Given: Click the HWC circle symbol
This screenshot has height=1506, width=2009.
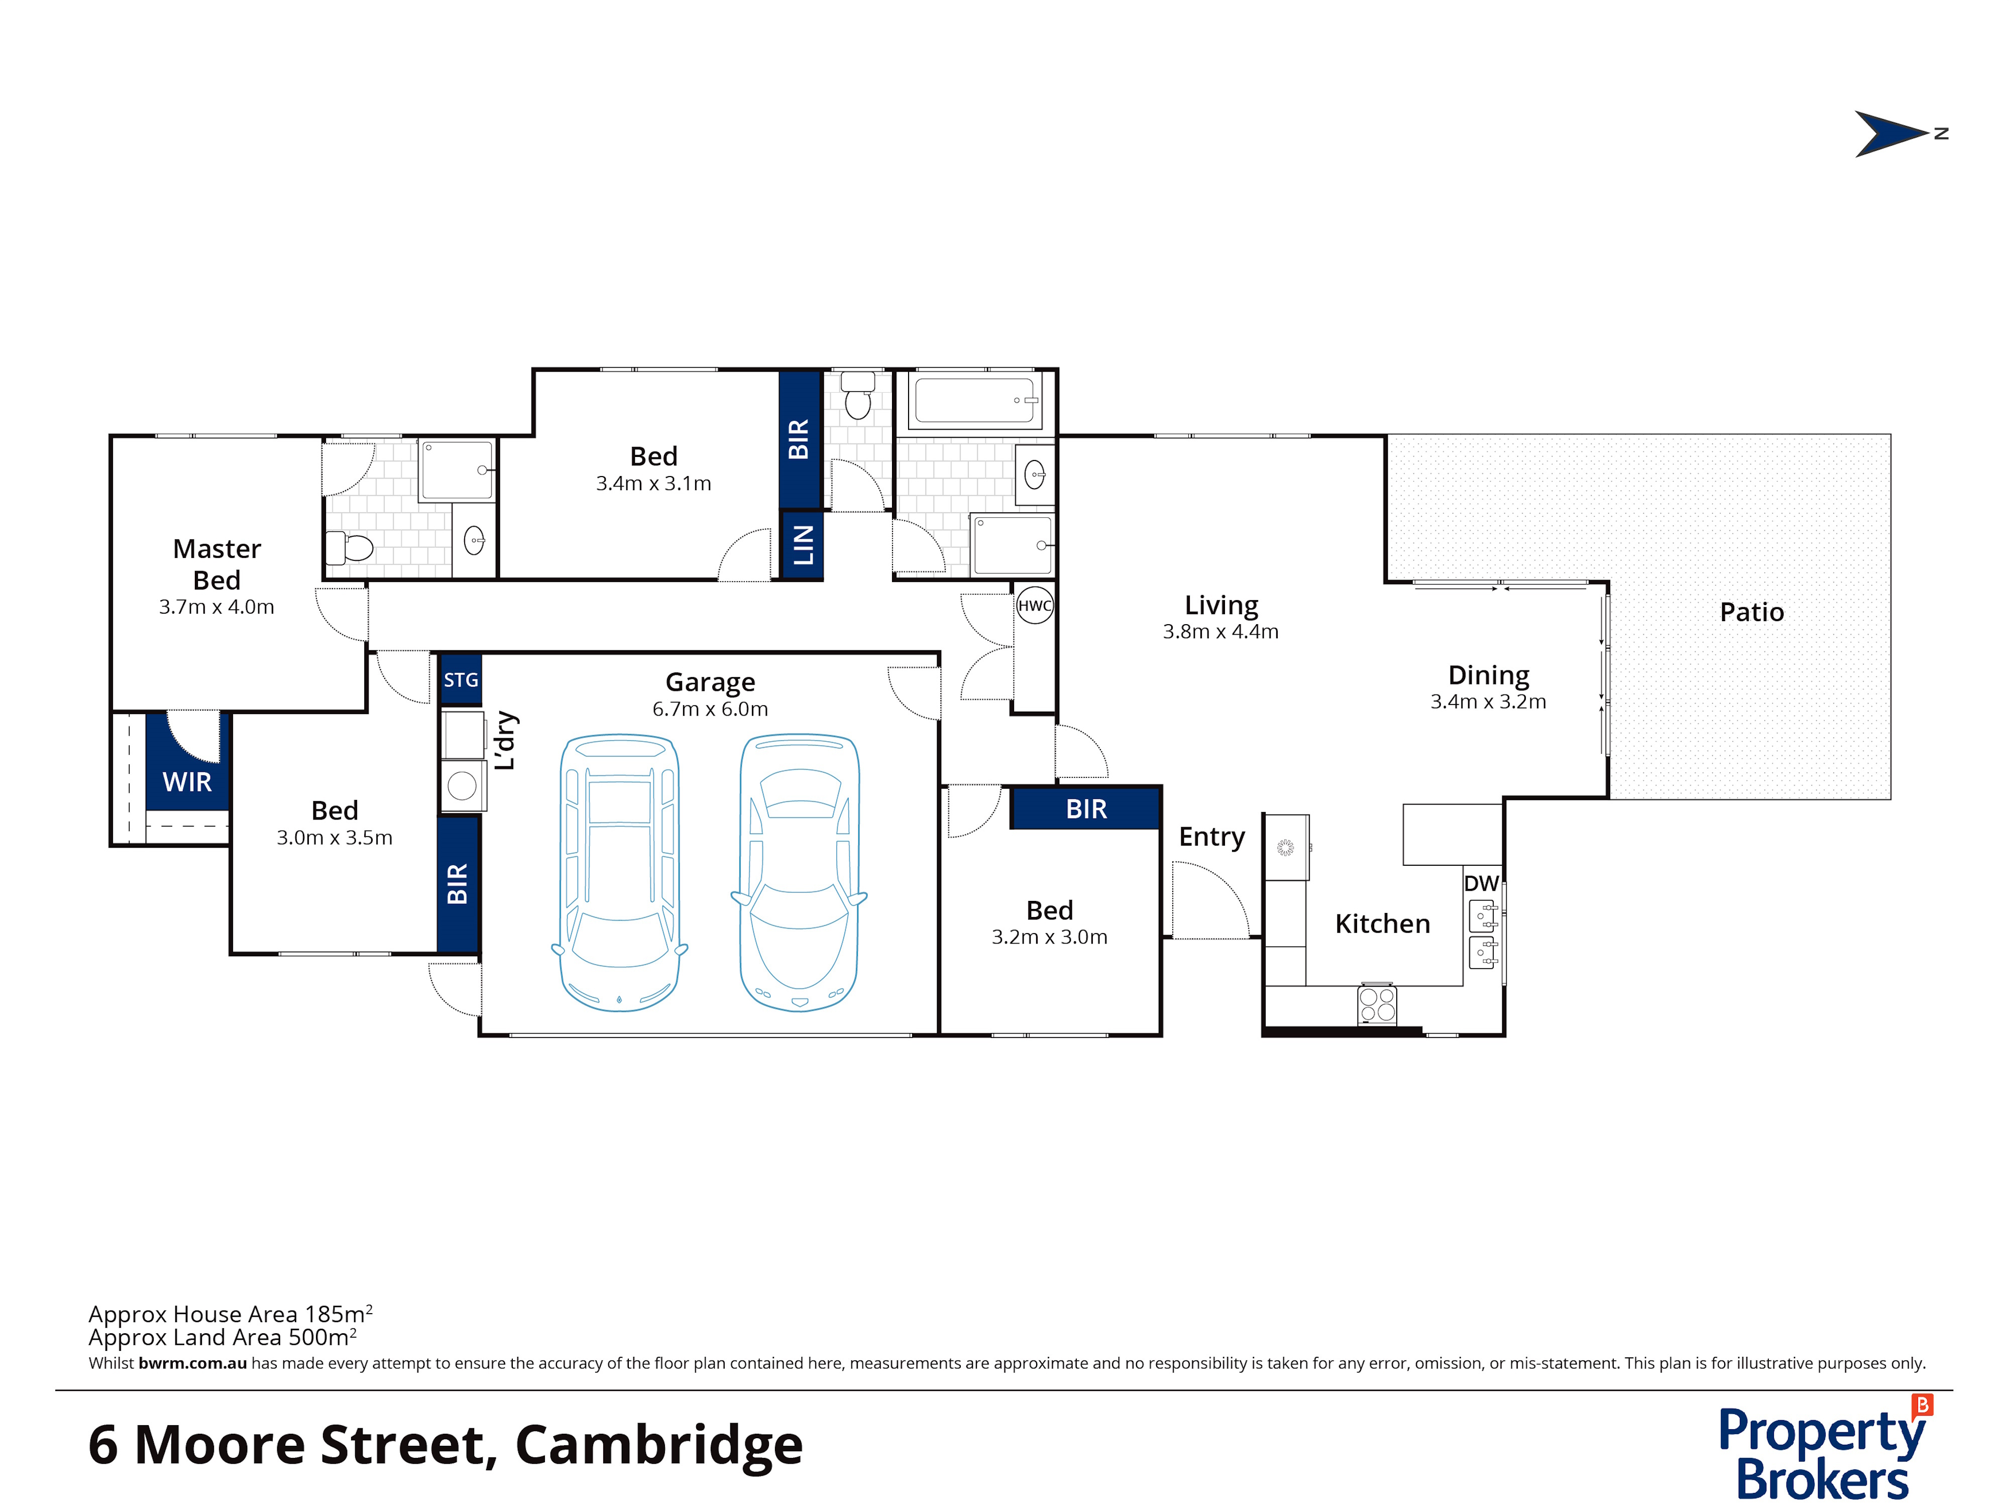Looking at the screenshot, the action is pyautogui.click(x=1035, y=606).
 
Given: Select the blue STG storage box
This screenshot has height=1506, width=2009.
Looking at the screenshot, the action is pyautogui.click(x=461, y=679).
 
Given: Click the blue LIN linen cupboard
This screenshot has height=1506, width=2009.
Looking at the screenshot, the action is pyautogui.click(x=803, y=544).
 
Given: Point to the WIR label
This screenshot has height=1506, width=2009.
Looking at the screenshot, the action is pyautogui.click(x=187, y=781).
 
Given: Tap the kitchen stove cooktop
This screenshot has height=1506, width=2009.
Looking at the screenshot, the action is pyautogui.click(x=1377, y=1005).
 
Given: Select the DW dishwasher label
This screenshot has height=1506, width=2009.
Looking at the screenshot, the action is pyautogui.click(x=1481, y=883).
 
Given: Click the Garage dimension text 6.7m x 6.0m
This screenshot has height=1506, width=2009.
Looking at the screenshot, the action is pyautogui.click(x=710, y=709).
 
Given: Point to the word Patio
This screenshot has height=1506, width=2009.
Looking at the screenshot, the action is pyautogui.click(x=1752, y=612).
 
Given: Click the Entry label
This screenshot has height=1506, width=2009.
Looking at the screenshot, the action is pyautogui.click(x=1211, y=837).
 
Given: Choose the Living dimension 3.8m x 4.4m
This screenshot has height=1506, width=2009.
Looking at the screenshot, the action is pyautogui.click(x=1220, y=631).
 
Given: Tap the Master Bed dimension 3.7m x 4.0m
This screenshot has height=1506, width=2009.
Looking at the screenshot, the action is pyautogui.click(x=216, y=607).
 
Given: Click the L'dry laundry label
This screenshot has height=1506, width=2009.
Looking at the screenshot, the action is pyautogui.click(x=505, y=740).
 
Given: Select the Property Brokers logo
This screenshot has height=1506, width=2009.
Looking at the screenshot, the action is pyautogui.click(x=1826, y=1447).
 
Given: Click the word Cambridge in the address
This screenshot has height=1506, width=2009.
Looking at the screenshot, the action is pyautogui.click(x=659, y=1445).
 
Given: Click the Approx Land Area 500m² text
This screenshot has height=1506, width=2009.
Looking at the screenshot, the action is pyautogui.click(x=222, y=1337).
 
